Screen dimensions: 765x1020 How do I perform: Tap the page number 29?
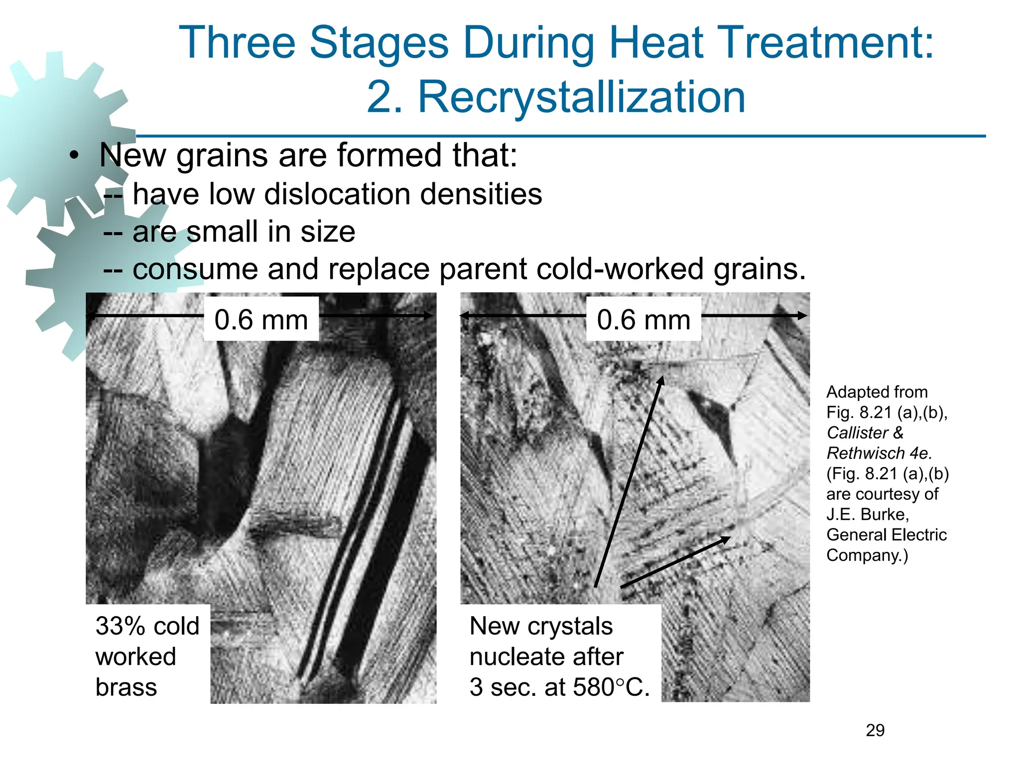point(875,730)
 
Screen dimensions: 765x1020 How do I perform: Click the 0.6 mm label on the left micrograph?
point(261,320)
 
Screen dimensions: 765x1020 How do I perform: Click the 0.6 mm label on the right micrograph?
point(643,320)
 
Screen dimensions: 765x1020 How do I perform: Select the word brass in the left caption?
point(126,687)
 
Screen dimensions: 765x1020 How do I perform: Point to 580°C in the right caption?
point(611,687)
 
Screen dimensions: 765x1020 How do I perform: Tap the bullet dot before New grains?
point(74,156)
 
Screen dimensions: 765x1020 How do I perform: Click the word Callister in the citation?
point(857,433)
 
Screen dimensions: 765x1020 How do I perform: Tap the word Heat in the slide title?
point(657,43)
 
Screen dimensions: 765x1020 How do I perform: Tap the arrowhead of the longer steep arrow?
point(661,380)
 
